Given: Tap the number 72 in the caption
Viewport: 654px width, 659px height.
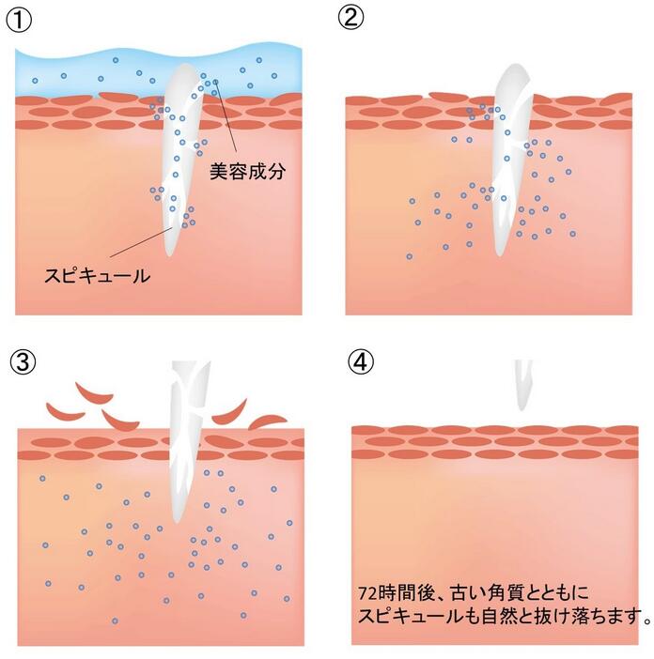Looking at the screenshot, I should click(x=368, y=593).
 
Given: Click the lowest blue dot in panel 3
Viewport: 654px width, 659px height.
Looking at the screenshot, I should click(x=116, y=621).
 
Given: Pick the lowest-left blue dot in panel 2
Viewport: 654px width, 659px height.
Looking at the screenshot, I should click(x=409, y=256).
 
